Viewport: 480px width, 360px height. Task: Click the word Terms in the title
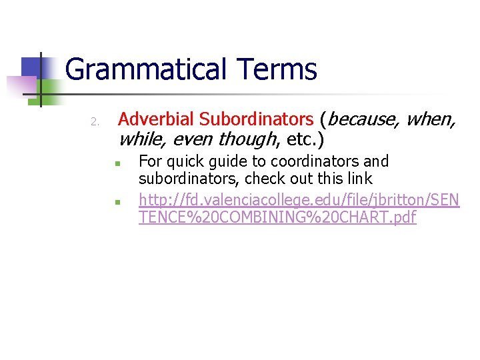272,69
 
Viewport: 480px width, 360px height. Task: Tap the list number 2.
95,122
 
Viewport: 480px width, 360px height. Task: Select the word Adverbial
156,119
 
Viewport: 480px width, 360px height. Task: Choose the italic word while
139,140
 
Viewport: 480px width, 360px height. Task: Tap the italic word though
247,140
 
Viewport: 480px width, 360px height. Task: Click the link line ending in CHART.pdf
277,217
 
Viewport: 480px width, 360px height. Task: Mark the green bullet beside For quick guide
116,163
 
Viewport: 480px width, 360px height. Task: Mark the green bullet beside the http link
116,200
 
